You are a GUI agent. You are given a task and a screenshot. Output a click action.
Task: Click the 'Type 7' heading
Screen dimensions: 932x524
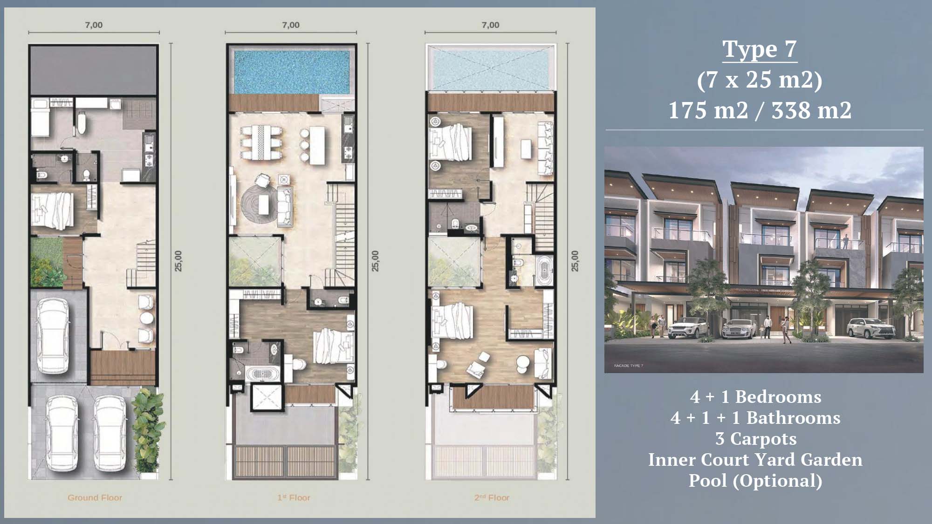(x=760, y=49)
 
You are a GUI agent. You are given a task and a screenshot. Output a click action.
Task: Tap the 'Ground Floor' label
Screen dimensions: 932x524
(x=95, y=497)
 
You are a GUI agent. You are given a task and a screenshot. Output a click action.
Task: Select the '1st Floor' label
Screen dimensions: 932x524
(x=294, y=497)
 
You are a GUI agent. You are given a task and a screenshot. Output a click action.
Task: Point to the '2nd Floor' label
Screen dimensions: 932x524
(x=492, y=497)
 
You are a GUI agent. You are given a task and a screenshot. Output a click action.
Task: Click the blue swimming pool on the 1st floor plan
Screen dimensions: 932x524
(x=292, y=72)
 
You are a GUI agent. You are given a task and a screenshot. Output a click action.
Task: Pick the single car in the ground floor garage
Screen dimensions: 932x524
(x=53, y=335)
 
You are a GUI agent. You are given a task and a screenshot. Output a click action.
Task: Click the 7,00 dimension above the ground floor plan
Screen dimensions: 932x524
(x=94, y=25)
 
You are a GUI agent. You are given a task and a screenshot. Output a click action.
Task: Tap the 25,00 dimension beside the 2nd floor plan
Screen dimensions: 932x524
(x=575, y=261)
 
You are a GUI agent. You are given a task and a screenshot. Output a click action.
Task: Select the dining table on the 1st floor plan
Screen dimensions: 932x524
(x=261, y=142)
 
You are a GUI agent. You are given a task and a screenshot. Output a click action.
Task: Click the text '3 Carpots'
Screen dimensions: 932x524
(x=756, y=439)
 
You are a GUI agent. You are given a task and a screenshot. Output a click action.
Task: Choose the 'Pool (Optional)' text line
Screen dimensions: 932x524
(x=755, y=481)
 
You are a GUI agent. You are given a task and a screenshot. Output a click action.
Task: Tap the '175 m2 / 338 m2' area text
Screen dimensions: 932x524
(x=760, y=110)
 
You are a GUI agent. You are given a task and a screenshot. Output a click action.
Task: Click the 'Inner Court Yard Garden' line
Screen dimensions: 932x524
(x=755, y=460)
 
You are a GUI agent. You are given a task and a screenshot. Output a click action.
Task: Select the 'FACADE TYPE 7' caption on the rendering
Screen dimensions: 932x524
(x=628, y=366)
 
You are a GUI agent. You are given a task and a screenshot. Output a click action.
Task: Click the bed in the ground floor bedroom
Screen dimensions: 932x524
(x=52, y=211)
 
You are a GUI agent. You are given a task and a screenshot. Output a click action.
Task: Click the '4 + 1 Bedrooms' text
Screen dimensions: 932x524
(x=755, y=397)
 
